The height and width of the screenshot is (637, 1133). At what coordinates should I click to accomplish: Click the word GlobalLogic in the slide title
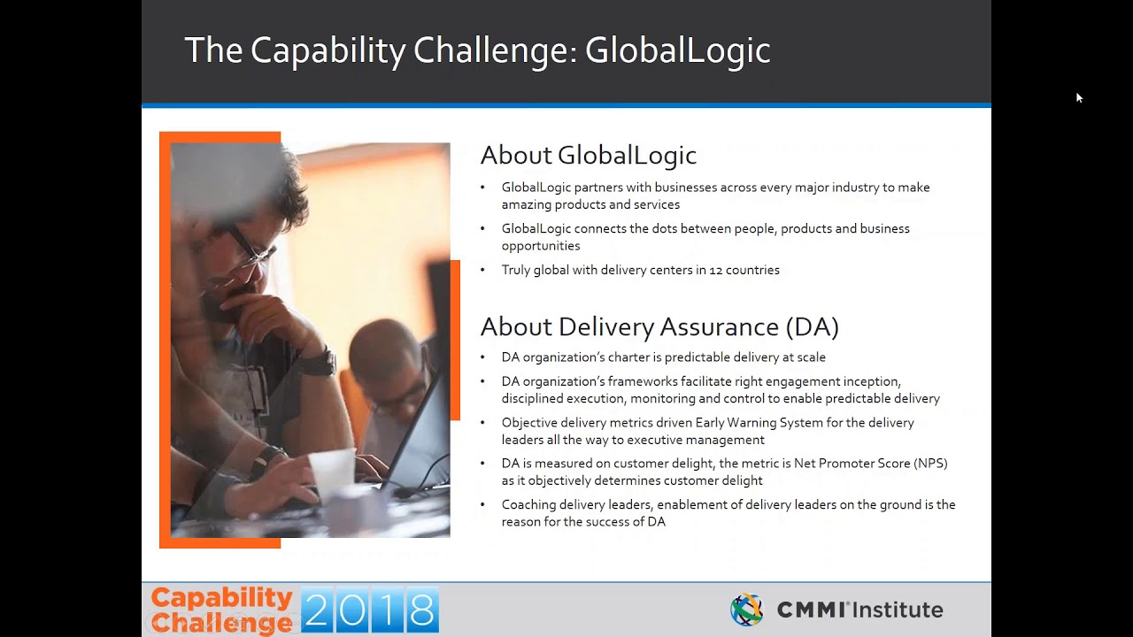click(677, 50)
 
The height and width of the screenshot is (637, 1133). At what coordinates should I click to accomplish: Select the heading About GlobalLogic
click(588, 156)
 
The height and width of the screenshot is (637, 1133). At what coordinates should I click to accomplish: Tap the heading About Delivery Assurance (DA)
click(659, 327)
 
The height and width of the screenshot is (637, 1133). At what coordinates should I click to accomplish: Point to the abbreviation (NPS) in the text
click(929, 464)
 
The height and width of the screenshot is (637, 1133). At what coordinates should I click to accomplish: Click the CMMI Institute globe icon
click(746, 610)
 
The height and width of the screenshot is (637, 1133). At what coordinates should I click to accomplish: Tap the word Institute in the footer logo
click(898, 610)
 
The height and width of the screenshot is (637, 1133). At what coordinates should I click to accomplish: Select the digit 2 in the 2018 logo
click(317, 610)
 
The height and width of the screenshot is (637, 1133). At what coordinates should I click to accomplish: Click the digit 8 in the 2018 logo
click(422, 610)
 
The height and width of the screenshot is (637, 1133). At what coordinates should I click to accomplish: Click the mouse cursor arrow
click(1079, 97)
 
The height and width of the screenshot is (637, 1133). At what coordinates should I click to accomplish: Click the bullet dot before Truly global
click(482, 270)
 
